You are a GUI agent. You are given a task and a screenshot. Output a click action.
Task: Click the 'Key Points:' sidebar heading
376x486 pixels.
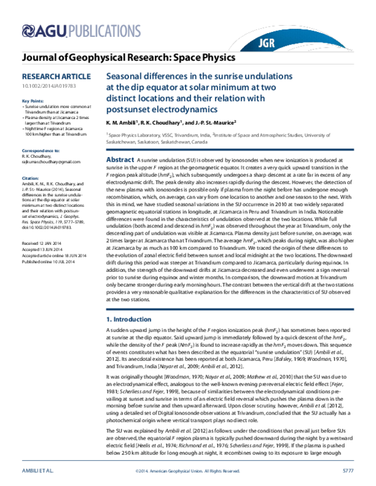coord(33,101)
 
